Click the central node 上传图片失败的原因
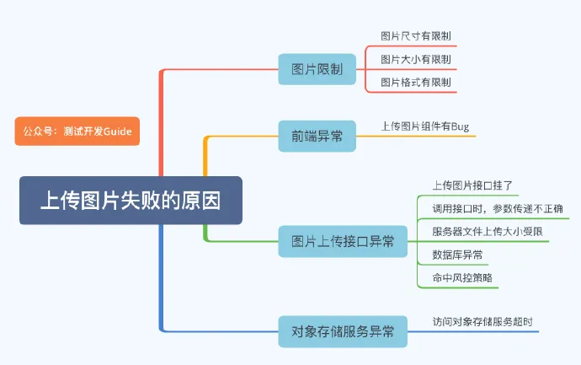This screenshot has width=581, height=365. tap(131, 201)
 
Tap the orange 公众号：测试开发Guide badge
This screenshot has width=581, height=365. tap(77, 131)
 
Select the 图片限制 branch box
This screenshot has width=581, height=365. tap(317, 69)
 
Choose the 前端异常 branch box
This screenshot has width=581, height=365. tap(317, 136)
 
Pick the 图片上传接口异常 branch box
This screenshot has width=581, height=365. tap(342, 242)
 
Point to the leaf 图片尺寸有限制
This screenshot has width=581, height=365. tap(416, 36)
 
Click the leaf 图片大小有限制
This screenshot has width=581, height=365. tap(416, 59)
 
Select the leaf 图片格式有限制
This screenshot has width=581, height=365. tap(416, 82)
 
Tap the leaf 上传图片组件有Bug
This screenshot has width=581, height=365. tap(425, 126)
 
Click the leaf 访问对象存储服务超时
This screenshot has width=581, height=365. tap(482, 321)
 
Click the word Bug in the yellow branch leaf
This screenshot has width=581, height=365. tap(460, 126)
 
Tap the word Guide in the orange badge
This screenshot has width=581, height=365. tap(117, 131)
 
